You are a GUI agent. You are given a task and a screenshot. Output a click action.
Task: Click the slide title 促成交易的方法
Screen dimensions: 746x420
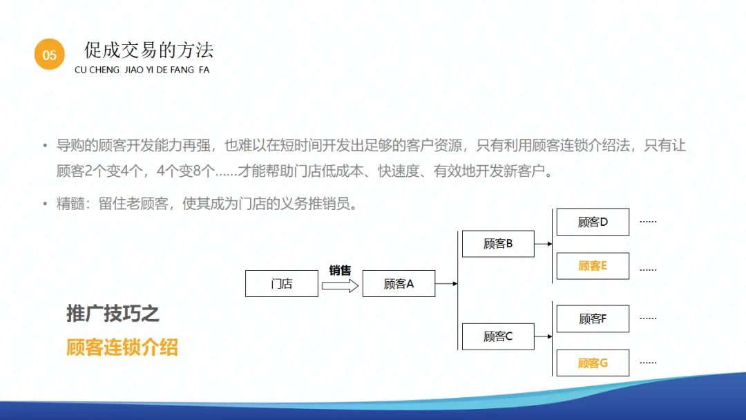[149, 50]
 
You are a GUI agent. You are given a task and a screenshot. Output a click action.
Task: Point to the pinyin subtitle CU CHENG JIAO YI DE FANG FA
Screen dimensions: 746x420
[142, 70]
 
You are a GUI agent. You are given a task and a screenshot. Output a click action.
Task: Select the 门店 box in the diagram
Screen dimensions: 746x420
[282, 283]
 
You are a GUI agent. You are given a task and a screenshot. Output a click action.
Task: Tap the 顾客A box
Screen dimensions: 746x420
[399, 283]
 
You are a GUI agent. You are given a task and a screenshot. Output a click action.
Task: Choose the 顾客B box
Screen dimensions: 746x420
[498, 244]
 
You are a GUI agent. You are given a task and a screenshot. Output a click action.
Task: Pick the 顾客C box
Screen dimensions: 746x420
[498, 336]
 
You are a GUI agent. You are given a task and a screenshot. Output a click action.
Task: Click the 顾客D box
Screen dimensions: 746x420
[593, 222]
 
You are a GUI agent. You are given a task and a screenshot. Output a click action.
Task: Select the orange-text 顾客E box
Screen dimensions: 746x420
[593, 266]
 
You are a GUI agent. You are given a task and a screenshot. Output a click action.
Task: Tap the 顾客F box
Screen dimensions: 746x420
[593, 318]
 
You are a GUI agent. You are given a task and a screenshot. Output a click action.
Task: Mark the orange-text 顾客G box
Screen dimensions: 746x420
[593, 363]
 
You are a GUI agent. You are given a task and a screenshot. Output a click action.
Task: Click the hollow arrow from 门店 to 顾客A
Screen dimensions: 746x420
[340, 285]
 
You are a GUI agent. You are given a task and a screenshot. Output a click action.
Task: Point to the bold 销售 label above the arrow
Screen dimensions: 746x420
[340, 270]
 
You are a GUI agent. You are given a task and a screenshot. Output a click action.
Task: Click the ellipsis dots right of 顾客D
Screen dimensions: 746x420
[648, 222]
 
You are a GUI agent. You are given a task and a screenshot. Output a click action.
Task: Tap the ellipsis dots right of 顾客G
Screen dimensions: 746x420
[648, 363]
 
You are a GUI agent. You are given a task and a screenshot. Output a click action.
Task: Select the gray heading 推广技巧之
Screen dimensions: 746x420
[113, 314]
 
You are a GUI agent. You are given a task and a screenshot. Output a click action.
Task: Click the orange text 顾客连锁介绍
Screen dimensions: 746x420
[122, 347]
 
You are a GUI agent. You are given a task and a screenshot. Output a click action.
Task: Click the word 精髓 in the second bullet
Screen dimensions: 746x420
[70, 204]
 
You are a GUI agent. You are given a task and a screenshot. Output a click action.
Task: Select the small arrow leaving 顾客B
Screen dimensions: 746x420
[544, 244]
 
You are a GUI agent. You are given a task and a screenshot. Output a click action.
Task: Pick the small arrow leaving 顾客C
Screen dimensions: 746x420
[544, 336]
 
